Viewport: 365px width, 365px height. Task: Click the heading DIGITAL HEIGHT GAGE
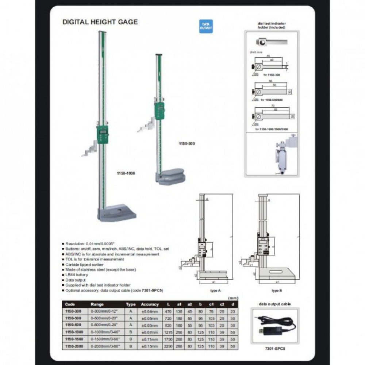pos(100,22)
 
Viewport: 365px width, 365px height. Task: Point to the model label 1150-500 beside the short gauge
pos(187,144)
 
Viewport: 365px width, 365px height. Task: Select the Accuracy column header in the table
pos(150,304)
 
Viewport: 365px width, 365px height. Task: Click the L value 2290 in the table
pos(168,346)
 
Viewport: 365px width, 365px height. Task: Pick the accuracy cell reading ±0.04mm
pos(150,311)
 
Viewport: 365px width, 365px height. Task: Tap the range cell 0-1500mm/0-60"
pos(105,339)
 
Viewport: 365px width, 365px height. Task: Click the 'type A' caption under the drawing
pos(216,291)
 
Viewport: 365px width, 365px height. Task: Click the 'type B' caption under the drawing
pos(277,291)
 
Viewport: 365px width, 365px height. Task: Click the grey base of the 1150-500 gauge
pos(171,177)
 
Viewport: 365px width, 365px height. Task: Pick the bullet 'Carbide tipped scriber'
pos(84,264)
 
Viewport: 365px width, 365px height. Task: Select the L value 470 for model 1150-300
pos(168,311)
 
